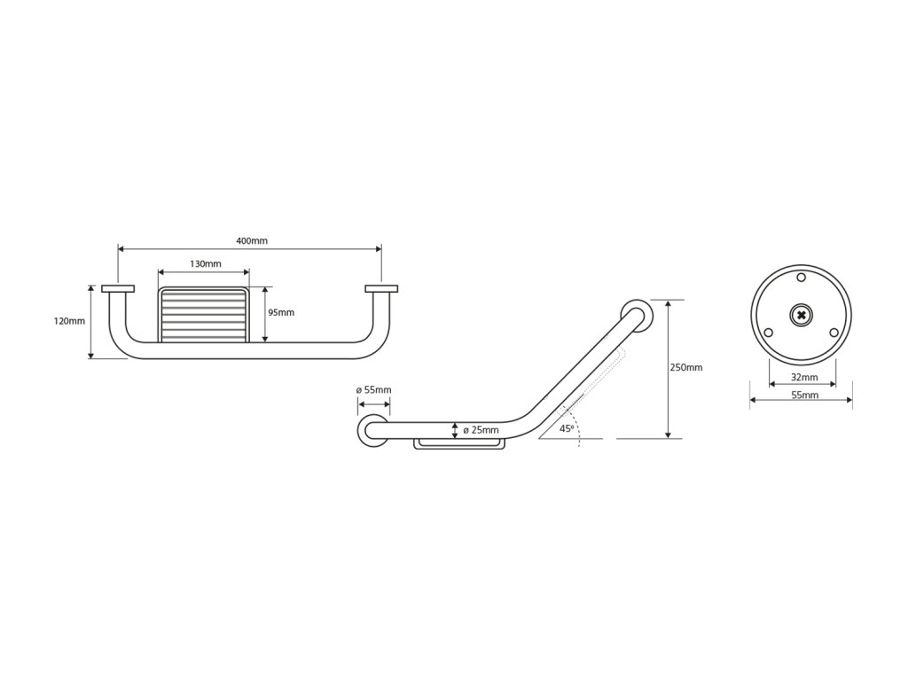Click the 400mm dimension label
252,241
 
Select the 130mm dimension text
205,264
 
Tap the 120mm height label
70,321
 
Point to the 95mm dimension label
281,312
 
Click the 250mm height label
687,367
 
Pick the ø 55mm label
373,390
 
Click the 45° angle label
567,428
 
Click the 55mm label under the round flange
803,395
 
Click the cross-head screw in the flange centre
802,315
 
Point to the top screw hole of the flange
802,278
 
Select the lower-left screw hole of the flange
769,333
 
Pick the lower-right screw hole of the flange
834,333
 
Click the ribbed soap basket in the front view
204,314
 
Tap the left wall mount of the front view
118,288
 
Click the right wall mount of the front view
381,288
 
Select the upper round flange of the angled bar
635,315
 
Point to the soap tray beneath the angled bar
459,443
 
